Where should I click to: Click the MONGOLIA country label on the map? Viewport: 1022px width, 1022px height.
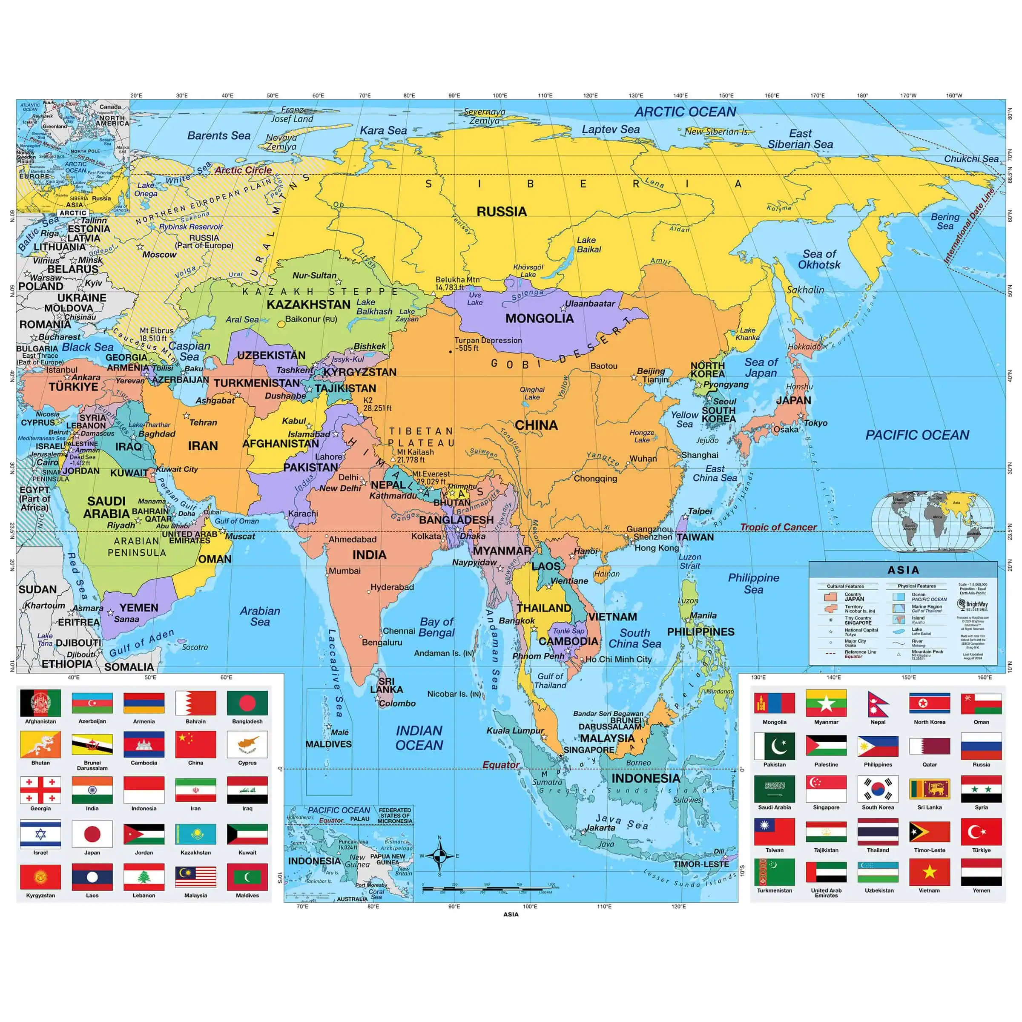(539, 319)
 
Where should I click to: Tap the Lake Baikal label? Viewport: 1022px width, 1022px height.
(588, 244)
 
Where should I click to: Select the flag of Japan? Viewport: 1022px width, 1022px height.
(92, 834)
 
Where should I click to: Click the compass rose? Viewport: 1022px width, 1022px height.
(439, 855)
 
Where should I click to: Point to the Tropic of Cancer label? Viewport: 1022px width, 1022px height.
(778, 527)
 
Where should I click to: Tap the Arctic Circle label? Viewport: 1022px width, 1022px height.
(243, 170)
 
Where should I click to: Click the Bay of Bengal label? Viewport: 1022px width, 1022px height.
(436, 627)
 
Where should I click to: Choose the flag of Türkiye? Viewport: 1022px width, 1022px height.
(981, 832)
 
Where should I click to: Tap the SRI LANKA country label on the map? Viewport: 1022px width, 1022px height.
(386, 685)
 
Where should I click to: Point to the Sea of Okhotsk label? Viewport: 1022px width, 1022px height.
(819, 259)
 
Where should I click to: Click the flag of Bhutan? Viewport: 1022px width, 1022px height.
(40, 744)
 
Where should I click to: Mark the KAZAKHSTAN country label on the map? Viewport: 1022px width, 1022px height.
(308, 305)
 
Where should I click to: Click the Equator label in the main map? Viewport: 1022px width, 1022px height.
(500, 765)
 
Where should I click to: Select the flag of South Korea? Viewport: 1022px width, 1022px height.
(878, 789)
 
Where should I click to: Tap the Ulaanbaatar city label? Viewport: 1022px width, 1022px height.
(590, 304)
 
